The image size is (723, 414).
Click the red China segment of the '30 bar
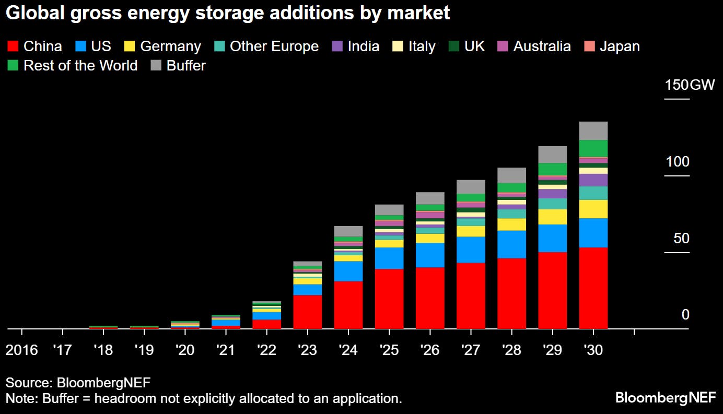[x=593, y=288]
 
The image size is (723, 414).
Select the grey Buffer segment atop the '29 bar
[x=552, y=154]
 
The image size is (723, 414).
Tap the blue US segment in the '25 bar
[x=389, y=258]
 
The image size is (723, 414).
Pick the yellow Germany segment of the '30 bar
[x=593, y=209]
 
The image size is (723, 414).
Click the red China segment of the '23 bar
[x=308, y=312]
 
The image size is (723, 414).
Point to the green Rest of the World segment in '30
[x=593, y=148]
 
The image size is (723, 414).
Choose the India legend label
[x=363, y=46]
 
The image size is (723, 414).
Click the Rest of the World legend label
[x=80, y=66]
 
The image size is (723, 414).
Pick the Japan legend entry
[x=620, y=46]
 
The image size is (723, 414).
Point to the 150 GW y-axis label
[x=689, y=85]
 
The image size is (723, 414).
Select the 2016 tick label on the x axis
[x=21, y=350]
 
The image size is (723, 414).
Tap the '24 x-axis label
[x=348, y=350]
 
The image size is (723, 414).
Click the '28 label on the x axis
[x=511, y=350]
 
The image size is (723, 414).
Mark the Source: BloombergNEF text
[x=78, y=383]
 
